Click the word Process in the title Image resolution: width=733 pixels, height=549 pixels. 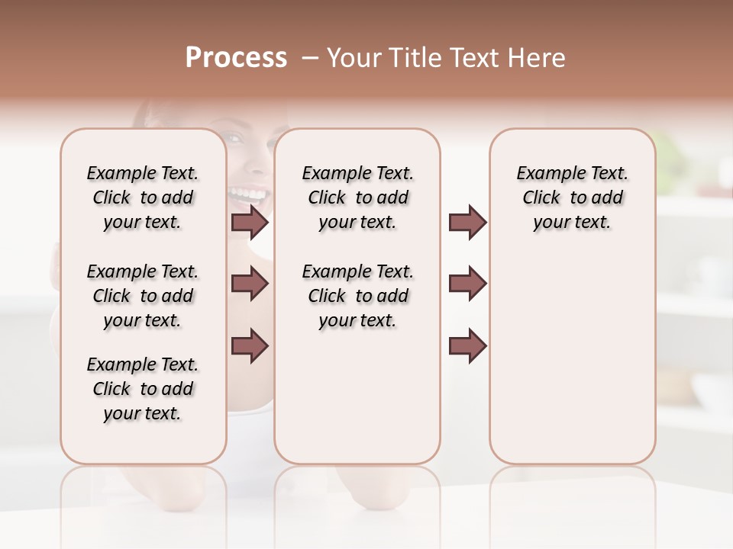coord(236,57)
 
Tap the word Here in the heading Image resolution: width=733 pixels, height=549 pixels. coord(538,57)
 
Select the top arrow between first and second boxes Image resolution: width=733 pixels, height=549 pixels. coord(250,222)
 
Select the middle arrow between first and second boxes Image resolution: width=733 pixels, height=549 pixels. coord(250,284)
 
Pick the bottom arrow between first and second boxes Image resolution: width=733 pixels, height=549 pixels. coord(250,346)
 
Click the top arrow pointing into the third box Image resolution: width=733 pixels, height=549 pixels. coord(467,222)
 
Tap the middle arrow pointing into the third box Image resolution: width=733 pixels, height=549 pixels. coord(467,284)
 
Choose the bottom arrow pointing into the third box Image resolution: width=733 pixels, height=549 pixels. coord(467,346)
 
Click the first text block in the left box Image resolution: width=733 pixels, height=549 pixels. coord(143,197)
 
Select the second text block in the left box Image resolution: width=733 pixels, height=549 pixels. coord(143,296)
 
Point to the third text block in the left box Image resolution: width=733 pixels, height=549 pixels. coord(143,389)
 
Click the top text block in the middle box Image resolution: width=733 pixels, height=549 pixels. coord(357,197)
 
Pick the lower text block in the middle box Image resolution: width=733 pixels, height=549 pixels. coord(357,296)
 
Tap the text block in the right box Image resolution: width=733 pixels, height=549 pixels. coord(572,197)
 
